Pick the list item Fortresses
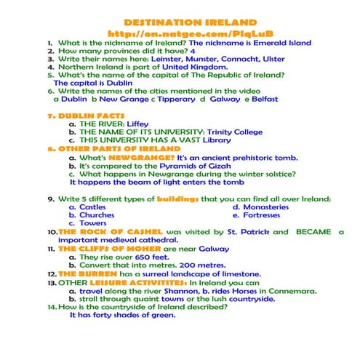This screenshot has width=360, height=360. (x=268, y=215)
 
